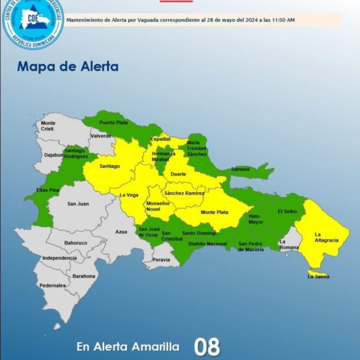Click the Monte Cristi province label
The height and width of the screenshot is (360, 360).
click(x=48, y=126)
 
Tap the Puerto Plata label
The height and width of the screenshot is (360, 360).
click(x=113, y=122)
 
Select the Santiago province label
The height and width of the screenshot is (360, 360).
click(x=109, y=166)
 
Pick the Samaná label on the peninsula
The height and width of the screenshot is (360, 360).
click(x=240, y=169)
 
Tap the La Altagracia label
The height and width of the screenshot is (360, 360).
click(x=326, y=237)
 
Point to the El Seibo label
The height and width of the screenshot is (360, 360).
click(x=287, y=211)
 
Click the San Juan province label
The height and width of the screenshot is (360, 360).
click(x=77, y=204)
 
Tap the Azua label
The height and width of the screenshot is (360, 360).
click(x=121, y=232)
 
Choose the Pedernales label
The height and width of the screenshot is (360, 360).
click(x=53, y=286)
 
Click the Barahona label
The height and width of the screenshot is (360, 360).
click(x=84, y=276)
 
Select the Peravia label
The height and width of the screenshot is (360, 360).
click(x=162, y=260)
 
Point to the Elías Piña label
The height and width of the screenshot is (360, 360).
click(x=48, y=190)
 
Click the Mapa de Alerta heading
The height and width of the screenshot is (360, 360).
click(x=68, y=66)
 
